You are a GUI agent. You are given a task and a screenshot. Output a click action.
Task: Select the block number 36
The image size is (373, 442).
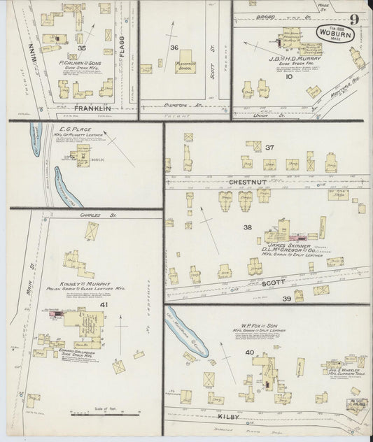click(x=174, y=48)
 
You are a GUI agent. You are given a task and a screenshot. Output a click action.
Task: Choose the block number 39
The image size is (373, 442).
click(x=287, y=299)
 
